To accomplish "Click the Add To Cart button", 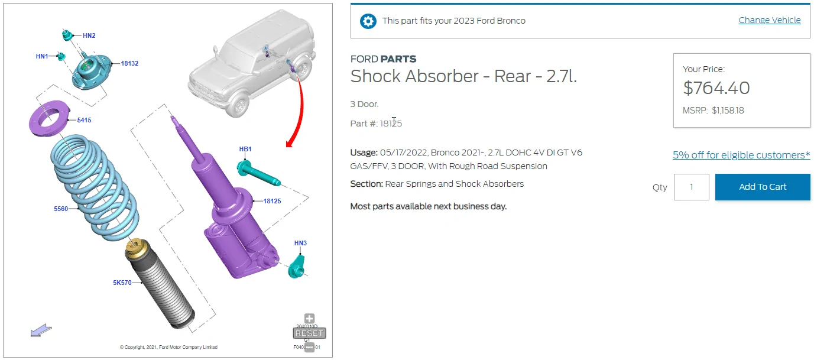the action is [763, 187].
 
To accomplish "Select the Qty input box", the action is [691, 187].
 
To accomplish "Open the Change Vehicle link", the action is [769, 20].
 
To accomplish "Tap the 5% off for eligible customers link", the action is [741, 155].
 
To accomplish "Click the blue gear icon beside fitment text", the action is [368, 21].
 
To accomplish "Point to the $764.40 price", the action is [716, 88].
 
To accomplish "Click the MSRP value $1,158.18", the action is [728, 111].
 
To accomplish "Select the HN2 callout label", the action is [89, 35].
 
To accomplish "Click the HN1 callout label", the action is [42, 56].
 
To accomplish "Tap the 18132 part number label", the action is [129, 64].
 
